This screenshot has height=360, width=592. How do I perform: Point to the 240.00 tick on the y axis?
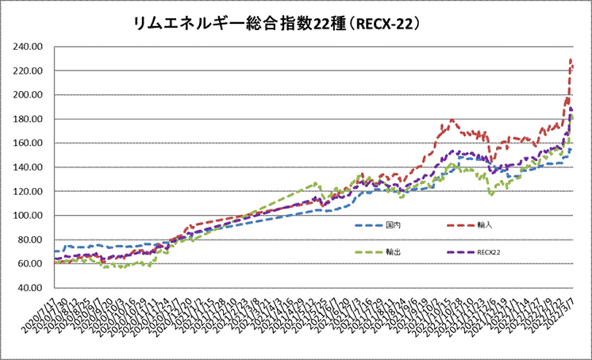coord(28,47)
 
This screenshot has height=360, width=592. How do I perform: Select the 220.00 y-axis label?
coord(28,71)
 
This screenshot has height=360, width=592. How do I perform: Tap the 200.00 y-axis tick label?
coord(28,95)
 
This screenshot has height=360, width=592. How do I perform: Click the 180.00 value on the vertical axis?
coord(28,120)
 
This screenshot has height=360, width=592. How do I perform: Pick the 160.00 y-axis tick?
coord(28,144)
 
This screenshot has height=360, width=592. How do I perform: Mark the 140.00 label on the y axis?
coord(28,168)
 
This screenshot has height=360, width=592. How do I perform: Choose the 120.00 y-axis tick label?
coord(28,192)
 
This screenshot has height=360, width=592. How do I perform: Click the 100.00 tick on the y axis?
coord(28,216)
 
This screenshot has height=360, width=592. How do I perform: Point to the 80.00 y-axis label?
coord(30,240)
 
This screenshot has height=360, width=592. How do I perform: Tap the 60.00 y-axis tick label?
coord(30,264)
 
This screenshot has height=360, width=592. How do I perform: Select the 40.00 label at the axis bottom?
coord(30,289)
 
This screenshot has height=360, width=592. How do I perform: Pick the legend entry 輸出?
coord(394,252)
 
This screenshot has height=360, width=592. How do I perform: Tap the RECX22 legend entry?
coord(490,252)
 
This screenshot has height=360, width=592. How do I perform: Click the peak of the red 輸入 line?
coord(571,59)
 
